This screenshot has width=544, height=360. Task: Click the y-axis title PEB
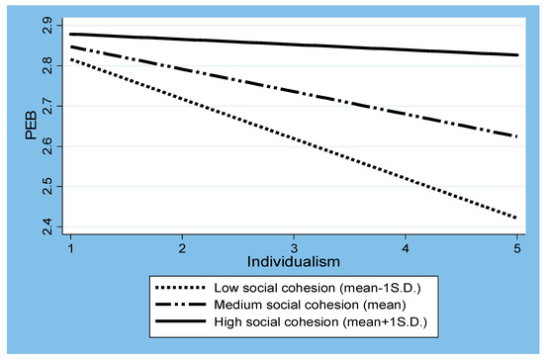click(x=30, y=128)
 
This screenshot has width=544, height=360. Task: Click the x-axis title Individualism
click(x=295, y=264)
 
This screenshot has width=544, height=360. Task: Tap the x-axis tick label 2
click(x=182, y=247)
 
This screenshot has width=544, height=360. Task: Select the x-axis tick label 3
click(x=295, y=247)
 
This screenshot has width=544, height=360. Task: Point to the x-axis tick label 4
click(x=407, y=247)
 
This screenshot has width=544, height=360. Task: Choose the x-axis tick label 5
click(x=519, y=247)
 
